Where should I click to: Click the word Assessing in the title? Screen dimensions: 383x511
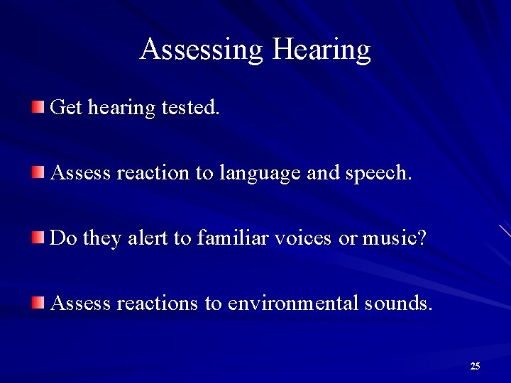[x=202, y=50]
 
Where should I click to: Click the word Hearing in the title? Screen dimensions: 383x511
[x=322, y=50]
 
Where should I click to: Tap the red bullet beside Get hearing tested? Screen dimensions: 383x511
[x=37, y=107]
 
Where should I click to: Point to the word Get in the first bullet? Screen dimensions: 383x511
[x=67, y=107]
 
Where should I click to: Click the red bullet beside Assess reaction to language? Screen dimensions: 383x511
[x=37, y=172]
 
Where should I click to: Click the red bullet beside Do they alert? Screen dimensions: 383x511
[x=37, y=238]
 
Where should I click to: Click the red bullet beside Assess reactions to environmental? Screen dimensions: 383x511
[x=37, y=303]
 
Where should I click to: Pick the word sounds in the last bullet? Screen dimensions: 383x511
[x=397, y=303]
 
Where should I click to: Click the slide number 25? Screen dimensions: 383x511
[x=475, y=366]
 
